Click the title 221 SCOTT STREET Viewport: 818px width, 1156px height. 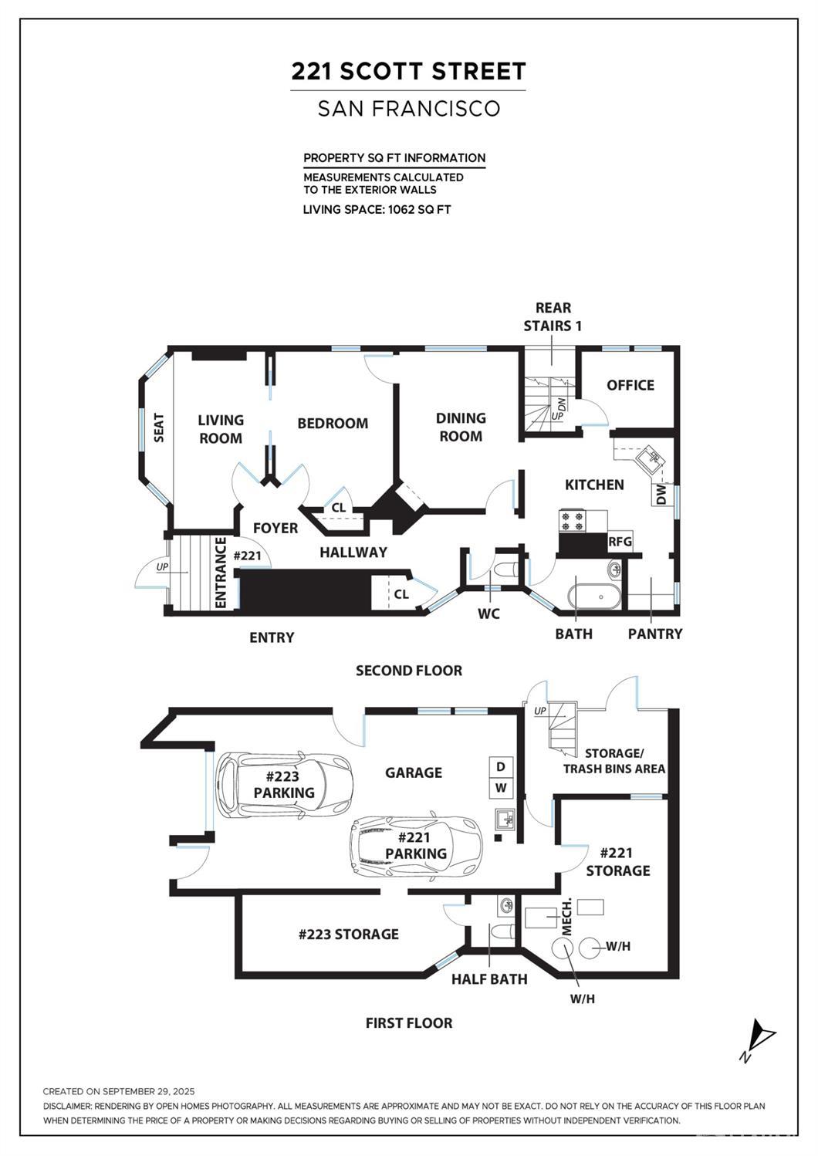click(408, 72)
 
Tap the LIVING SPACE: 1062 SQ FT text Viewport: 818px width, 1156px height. click(377, 209)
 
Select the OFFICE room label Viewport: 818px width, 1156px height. click(630, 385)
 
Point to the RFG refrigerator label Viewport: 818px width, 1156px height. click(620, 542)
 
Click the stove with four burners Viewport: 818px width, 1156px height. click(573, 522)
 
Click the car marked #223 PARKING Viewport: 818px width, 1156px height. click(283, 785)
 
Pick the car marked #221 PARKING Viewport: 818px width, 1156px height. click(415, 846)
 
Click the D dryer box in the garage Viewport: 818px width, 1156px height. click(501, 766)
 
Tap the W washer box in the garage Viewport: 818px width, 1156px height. click(501, 788)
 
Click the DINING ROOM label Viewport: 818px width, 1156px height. click(461, 427)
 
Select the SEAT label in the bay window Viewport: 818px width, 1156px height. click(160, 428)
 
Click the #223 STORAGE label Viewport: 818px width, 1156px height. click(349, 934)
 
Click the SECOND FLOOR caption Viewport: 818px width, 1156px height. click(408, 671)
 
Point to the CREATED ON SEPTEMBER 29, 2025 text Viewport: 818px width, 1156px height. click(119, 1091)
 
